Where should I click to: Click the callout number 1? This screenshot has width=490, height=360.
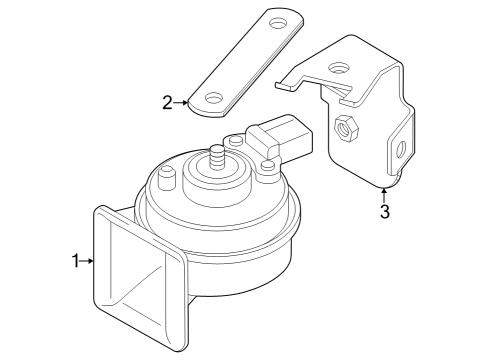click(x=76, y=261)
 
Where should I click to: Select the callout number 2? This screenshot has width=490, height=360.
click(x=167, y=103)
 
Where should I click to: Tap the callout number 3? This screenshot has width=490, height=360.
click(x=385, y=211)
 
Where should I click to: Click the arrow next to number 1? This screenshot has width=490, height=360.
click(x=87, y=261)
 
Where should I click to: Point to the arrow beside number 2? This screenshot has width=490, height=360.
click(x=181, y=103)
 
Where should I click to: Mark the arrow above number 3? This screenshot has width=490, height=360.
click(x=384, y=195)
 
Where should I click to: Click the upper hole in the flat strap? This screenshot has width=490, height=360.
click(x=278, y=23)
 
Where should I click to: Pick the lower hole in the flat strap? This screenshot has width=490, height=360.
click(x=214, y=98)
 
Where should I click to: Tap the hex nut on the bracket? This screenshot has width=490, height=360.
click(x=346, y=128)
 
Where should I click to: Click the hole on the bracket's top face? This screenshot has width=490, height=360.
click(x=339, y=68)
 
